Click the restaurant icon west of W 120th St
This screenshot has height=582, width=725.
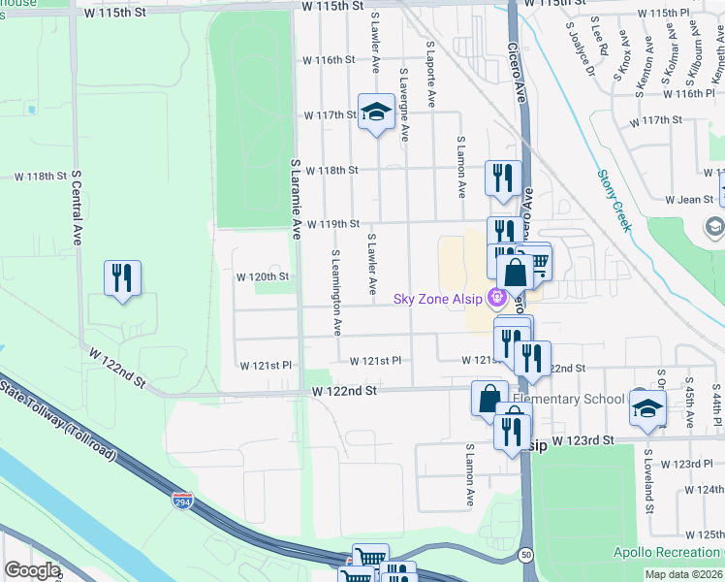[123, 278]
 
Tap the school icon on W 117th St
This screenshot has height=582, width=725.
[375, 113]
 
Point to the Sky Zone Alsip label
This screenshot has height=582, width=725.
[441, 298]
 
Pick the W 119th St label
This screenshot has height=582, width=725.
[332, 224]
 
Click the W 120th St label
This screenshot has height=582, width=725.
[263, 276]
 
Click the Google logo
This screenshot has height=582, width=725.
[32, 570]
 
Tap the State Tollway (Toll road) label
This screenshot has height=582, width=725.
[58, 421]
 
